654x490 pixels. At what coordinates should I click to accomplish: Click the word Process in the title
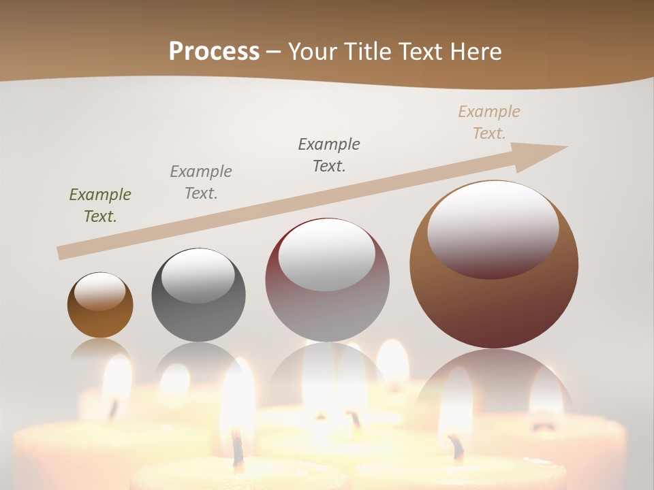(x=214, y=52)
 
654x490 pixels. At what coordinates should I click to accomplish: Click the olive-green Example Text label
(x=100, y=206)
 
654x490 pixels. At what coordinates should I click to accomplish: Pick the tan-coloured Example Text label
(x=489, y=122)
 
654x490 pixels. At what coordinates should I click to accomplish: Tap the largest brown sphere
(x=494, y=306)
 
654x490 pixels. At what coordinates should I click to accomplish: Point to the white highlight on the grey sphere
(x=198, y=276)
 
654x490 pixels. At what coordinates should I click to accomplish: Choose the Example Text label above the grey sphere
(x=201, y=182)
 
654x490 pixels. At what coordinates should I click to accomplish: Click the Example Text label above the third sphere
(x=329, y=155)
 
